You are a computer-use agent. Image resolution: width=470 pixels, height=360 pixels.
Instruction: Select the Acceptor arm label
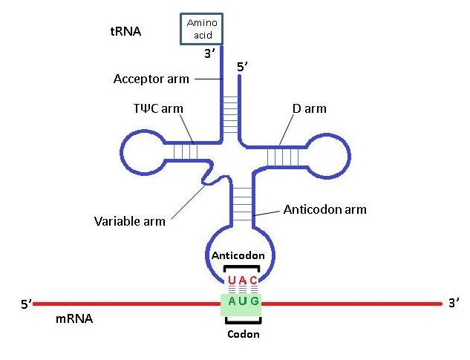151,79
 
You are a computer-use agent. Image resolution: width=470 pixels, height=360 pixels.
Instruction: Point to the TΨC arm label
154,109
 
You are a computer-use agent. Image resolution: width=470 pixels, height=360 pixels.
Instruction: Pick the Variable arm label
130,221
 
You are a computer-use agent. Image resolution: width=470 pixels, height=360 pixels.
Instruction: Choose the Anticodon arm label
325,209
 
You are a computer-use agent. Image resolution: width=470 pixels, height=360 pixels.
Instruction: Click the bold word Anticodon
238,255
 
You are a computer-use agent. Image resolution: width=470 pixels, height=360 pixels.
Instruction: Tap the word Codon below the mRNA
243,334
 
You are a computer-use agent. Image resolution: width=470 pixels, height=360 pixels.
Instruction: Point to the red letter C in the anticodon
253,280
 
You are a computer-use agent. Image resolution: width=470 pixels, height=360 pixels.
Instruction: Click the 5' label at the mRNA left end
27,304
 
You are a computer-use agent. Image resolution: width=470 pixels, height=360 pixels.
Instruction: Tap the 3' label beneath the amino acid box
211,53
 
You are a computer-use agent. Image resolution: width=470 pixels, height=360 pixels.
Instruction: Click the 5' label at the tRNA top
241,68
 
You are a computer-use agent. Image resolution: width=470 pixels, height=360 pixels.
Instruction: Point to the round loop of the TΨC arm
141,152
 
